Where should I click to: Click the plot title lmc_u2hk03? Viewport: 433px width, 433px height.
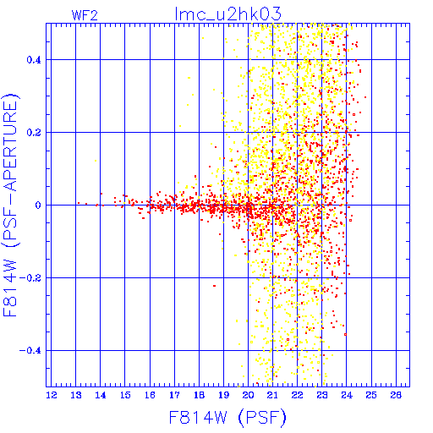point(228,14)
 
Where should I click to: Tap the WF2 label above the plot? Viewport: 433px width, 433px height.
point(85,15)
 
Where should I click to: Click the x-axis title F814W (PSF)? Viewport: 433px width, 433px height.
point(227,418)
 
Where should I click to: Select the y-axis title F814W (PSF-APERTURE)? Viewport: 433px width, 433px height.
point(10,205)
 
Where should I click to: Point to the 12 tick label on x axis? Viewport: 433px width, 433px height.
point(52,395)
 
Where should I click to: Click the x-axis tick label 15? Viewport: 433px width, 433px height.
point(125,395)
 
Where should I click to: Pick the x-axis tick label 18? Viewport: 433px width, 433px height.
point(199,395)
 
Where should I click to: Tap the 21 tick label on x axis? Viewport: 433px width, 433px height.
point(272,395)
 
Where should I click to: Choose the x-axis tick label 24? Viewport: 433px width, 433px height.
point(347,395)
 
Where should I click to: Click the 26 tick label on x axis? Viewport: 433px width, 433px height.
point(396,395)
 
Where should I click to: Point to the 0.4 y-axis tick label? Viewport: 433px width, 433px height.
point(34,60)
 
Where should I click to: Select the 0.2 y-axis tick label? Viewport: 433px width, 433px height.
point(34,133)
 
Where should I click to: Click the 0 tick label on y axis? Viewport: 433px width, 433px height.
point(38,206)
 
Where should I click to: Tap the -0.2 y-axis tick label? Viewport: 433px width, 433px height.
point(30,278)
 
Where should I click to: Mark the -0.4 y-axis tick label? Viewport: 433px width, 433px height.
point(30,351)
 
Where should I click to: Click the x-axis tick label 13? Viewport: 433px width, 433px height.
point(76,395)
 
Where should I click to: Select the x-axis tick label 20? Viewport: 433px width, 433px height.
point(248,395)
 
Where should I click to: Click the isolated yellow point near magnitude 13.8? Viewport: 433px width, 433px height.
point(96,161)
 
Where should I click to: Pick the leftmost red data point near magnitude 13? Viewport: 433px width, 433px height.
point(79,203)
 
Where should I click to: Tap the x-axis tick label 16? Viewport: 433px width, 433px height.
point(150,395)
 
